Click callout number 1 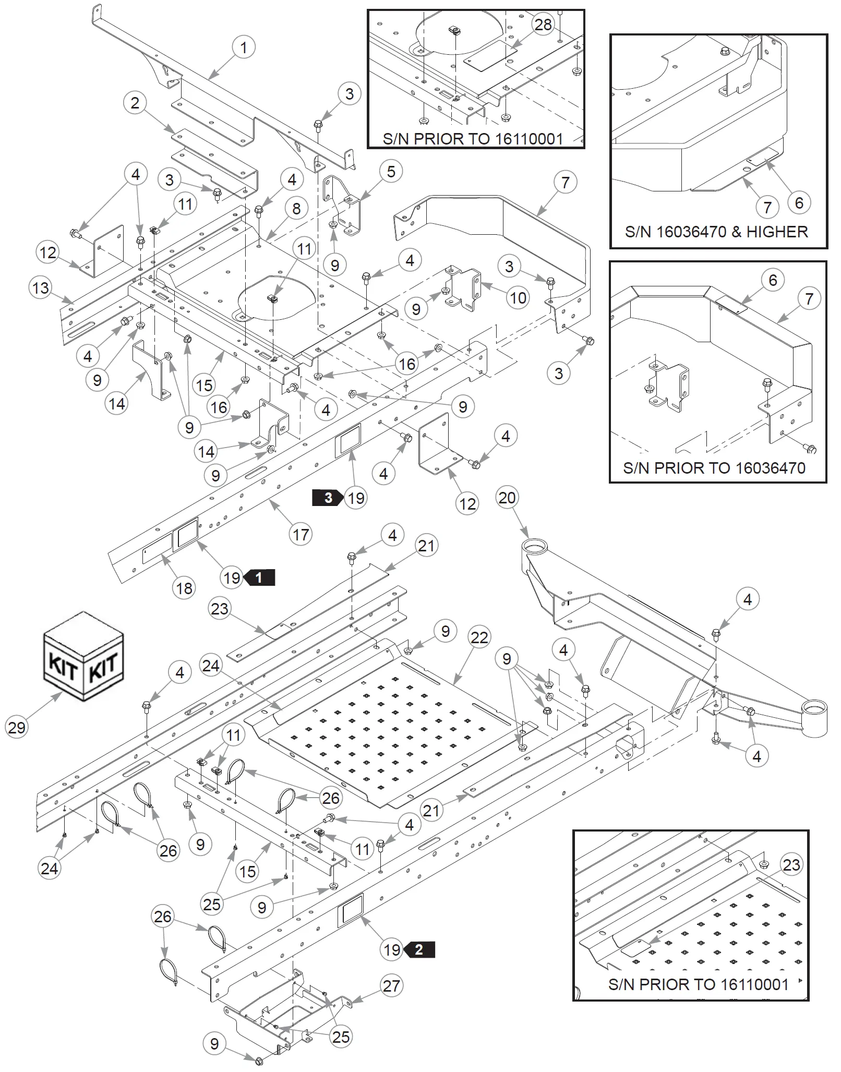point(243,47)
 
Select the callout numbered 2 point(135,103)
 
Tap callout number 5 point(391,172)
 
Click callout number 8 point(296,209)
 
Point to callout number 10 point(518,298)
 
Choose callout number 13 point(41,288)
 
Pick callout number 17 point(301,535)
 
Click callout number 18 point(184,588)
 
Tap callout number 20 point(507,498)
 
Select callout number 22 point(479,637)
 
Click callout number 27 point(391,986)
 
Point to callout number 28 point(543,25)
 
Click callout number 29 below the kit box point(17,727)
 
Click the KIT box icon point(83,656)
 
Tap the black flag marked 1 point(259,577)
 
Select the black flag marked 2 point(419,949)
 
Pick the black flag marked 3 point(328,498)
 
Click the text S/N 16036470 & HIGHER point(716,232)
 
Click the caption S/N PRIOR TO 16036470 point(714,467)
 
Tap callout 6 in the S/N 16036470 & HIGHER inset point(799,202)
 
